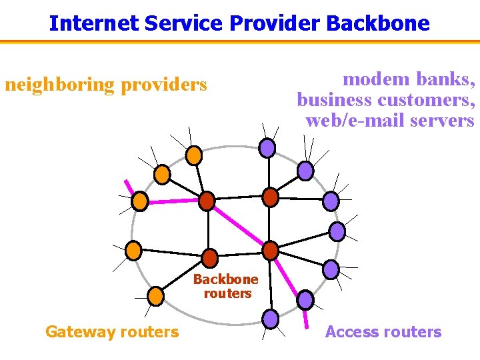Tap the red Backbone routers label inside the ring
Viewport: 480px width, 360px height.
[226, 286]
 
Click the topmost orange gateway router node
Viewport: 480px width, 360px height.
[193, 155]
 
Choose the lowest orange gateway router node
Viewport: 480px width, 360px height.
[155, 295]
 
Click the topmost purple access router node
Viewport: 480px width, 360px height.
[267, 147]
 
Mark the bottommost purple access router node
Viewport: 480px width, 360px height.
[270, 319]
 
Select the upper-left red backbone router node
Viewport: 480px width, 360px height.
[207, 200]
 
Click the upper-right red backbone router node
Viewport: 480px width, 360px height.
[270, 197]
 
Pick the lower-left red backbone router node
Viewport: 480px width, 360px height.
[209, 258]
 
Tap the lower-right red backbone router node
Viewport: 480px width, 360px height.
[270, 251]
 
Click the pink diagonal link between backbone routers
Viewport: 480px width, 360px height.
[239, 225]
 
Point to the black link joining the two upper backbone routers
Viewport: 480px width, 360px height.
[239, 198]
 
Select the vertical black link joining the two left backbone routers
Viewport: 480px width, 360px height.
[208, 229]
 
